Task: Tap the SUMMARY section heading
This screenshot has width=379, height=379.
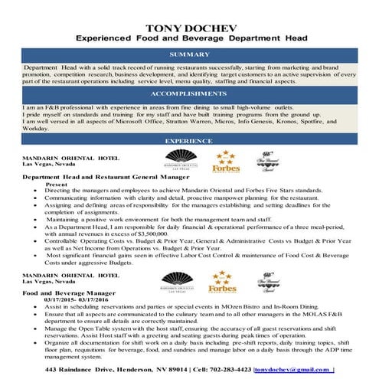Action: tap(189, 55)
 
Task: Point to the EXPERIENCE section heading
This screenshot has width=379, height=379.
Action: tap(189, 141)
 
